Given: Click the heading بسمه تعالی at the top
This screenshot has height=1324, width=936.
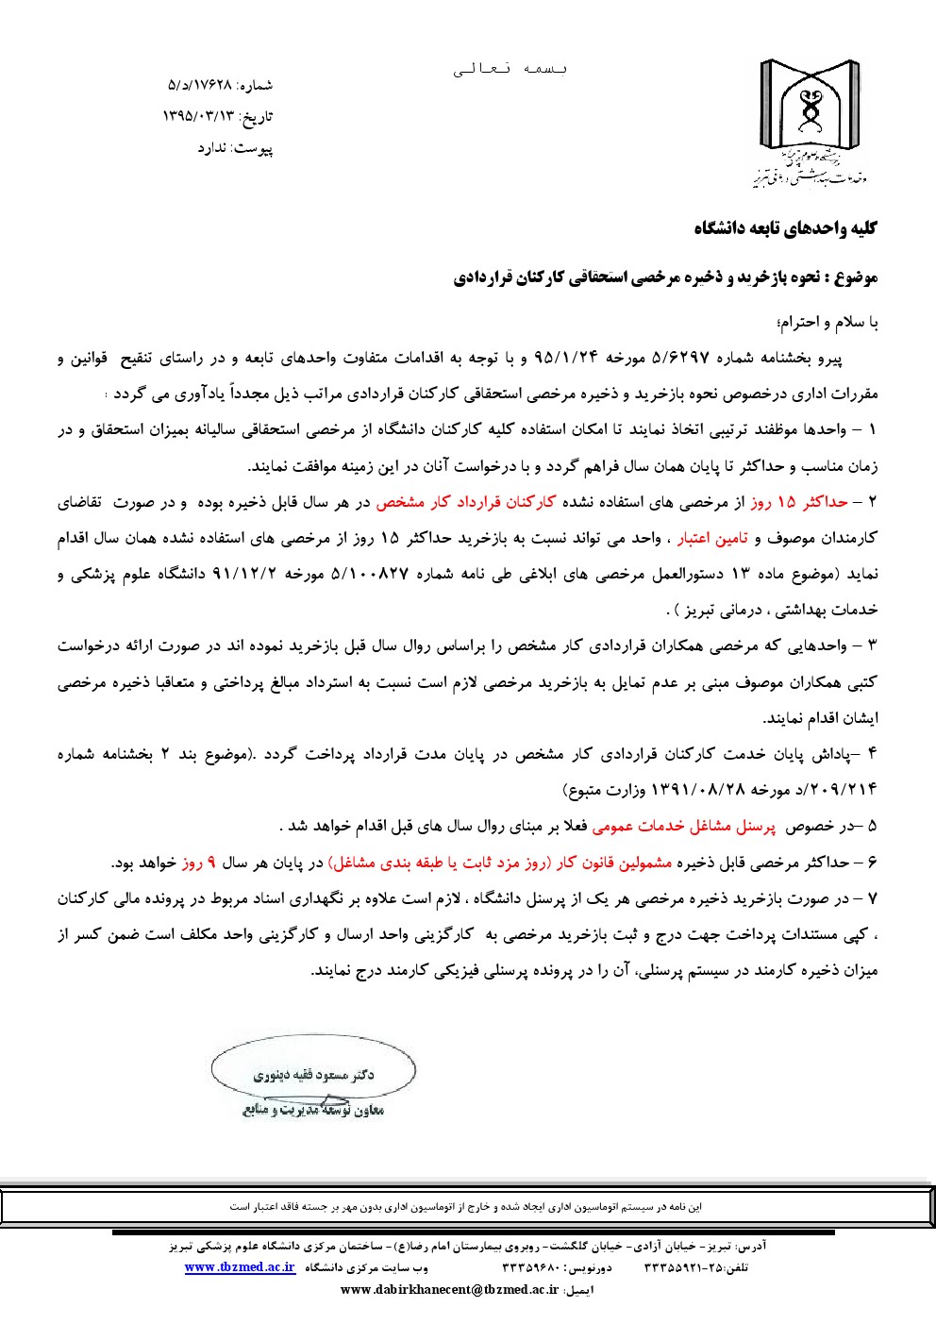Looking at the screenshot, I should tap(510, 69).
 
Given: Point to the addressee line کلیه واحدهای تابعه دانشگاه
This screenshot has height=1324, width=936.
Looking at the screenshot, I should tap(785, 228).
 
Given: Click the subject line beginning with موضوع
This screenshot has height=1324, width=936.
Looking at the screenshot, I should tap(665, 277).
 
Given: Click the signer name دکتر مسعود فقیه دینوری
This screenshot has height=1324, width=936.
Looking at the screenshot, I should tap(313, 1075).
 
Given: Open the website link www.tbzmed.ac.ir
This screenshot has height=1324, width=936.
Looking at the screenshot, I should tap(240, 1267).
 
